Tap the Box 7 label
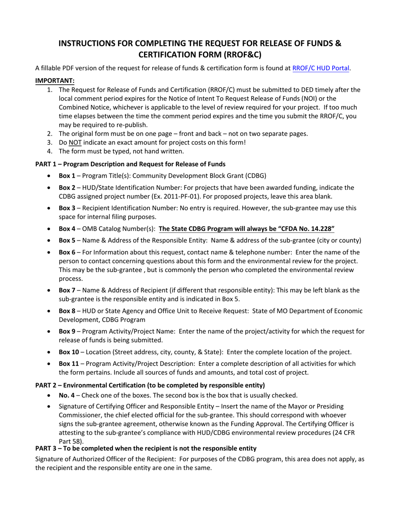tap(67, 291)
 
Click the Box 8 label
tap(67, 311)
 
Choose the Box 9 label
tap(67, 331)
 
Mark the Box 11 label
tap(69, 363)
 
